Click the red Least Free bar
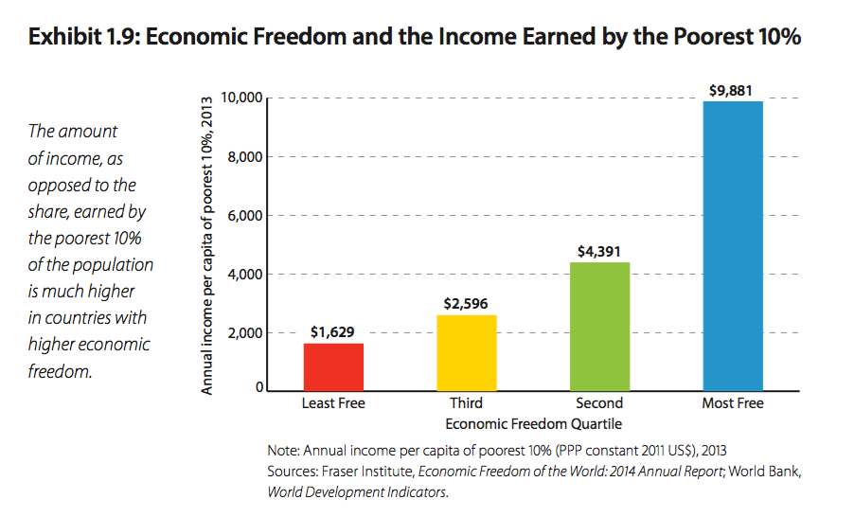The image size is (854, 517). pyautogui.click(x=333, y=366)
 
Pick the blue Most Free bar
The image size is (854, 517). pyautogui.click(x=733, y=245)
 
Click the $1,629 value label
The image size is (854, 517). pyautogui.click(x=333, y=332)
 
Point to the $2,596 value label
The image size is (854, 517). pyautogui.click(x=467, y=304)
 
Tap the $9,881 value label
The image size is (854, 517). pyautogui.click(x=732, y=91)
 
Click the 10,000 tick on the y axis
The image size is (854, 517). pyautogui.click(x=240, y=98)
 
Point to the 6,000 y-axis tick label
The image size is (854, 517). pyautogui.click(x=244, y=216)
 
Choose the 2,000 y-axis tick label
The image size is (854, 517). pyautogui.click(x=244, y=333)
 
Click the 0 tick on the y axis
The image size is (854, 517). pyautogui.click(x=258, y=388)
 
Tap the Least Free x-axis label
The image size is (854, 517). pyautogui.click(x=333, y=403)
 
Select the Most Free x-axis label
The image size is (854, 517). pyautogui.click(x=733, y=403)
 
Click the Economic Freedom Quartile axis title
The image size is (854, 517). pyautogui.click(x=534, y=422)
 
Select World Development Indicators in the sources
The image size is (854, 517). pyautogui.click(x=357, y=492)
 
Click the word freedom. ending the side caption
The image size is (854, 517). pyautogui.click(x=61, y=370)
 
